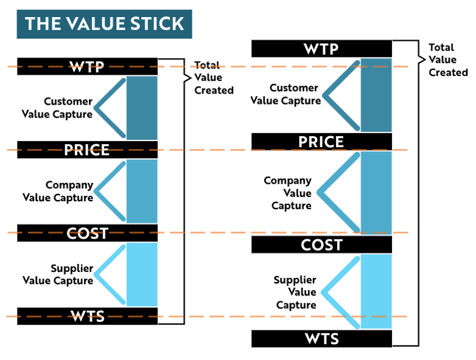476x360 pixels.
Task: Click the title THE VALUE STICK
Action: click(104, 24)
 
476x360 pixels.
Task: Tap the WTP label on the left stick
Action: click(87, 66)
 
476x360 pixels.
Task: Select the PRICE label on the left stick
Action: click(87, 150)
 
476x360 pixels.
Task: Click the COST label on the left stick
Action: click(87, 233)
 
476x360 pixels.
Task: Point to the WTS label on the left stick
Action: click(87, 316)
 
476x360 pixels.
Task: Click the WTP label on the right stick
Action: click(321, 49)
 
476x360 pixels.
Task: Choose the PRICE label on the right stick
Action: click(321, 142)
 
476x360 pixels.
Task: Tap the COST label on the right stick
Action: click(321, 244)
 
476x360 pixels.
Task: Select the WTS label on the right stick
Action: click(321, 338)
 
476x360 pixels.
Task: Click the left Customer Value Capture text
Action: click(58, 108)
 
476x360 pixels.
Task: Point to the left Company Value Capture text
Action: click(58, 191)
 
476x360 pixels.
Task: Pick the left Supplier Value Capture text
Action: click(58, 274)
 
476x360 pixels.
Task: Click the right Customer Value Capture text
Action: click(286, 95)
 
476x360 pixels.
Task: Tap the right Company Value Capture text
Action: click(289, 193)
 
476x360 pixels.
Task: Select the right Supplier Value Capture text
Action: click(295, 292)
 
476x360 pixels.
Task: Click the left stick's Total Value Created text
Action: click(214, 78)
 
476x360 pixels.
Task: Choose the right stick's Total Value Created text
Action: click(448, 60)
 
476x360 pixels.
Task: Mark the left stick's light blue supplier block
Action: click(142, 274)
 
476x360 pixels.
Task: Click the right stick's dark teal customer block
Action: click(376, 95)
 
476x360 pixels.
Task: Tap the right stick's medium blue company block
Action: click(376, 193)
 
